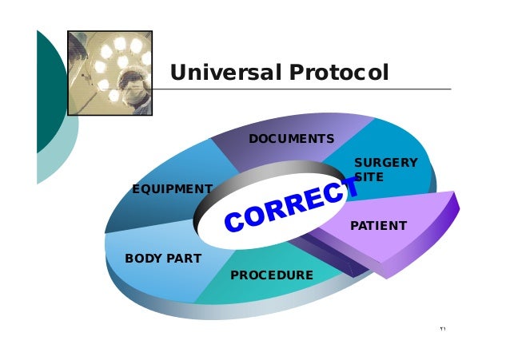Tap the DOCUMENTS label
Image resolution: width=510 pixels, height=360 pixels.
291,139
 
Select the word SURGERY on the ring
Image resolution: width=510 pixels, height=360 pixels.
385,163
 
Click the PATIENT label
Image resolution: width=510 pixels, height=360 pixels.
378,226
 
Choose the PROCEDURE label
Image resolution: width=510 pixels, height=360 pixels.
271,275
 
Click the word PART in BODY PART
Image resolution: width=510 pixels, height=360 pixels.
184,259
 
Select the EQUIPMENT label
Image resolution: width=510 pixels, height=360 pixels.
172,189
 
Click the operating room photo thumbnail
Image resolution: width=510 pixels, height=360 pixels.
110,73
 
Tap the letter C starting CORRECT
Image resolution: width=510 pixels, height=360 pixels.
233,221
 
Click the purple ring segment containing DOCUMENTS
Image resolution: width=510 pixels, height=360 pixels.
264,156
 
